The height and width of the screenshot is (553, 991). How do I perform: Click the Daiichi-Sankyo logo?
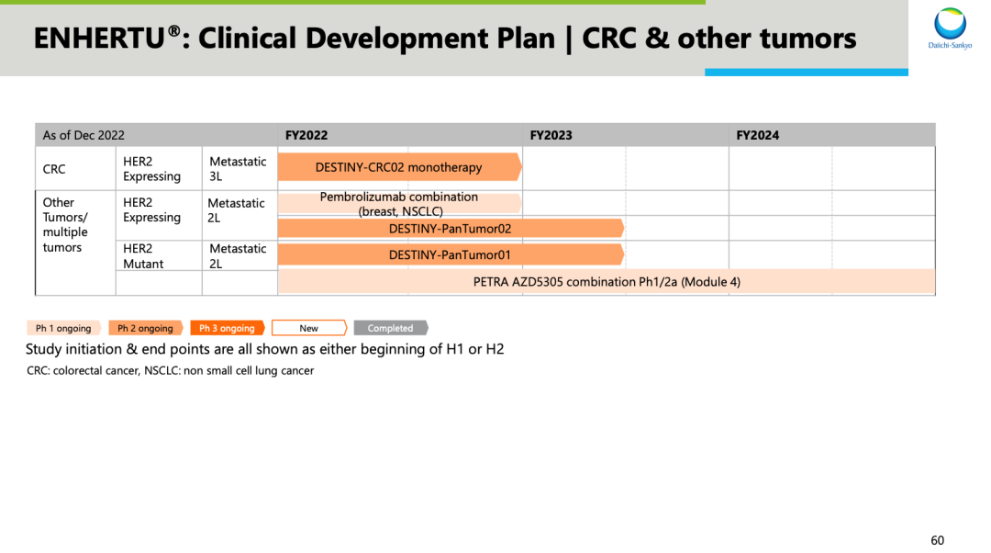[x=950, y=28]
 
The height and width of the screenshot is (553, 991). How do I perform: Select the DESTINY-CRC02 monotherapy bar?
[x=399, y=167]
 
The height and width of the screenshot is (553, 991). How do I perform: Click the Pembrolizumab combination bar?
[x=399, y=204]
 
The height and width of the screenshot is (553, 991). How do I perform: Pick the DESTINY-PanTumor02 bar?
[x=451, y=229]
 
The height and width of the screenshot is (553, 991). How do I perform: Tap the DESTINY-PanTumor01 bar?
[x=451, y=254]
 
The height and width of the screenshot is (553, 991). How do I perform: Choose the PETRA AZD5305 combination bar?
[x=607, y=282]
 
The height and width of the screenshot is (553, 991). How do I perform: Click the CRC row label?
[x=54, y=169]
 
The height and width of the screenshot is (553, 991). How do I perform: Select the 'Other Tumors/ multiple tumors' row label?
[x=65, y=225]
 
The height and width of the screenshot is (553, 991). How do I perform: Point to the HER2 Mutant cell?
[x=143, y=255]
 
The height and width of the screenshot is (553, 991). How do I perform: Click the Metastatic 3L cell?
[x=238, y=168]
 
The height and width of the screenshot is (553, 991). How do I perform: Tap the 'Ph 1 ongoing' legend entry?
[x=64, y=328]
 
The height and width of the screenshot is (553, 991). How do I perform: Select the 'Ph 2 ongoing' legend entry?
[x=146, y=328]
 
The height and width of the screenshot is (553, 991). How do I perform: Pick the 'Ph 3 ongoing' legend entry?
[x=228, y=328]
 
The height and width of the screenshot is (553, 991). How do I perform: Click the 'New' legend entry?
[x=309, y=328]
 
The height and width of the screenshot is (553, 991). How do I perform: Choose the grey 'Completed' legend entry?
[x=391, y=328]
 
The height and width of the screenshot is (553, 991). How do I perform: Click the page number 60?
[x=937, y=540]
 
